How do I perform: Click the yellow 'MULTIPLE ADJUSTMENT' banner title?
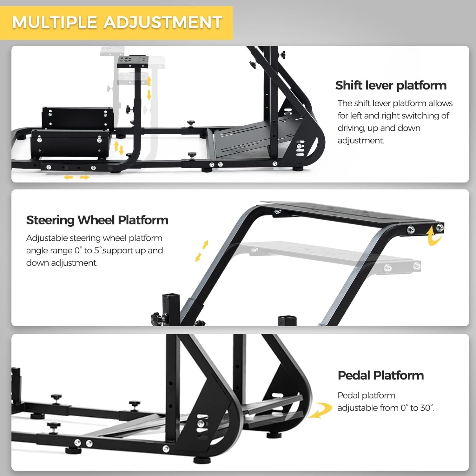117,22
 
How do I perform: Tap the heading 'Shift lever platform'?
391,85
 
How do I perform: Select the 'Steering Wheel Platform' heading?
97,220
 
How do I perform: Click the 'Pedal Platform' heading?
381,375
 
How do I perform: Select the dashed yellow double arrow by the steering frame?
202,251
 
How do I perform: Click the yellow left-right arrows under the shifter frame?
76,177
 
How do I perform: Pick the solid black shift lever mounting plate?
133,62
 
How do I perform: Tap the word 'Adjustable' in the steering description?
47,238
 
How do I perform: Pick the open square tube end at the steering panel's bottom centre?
287,321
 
